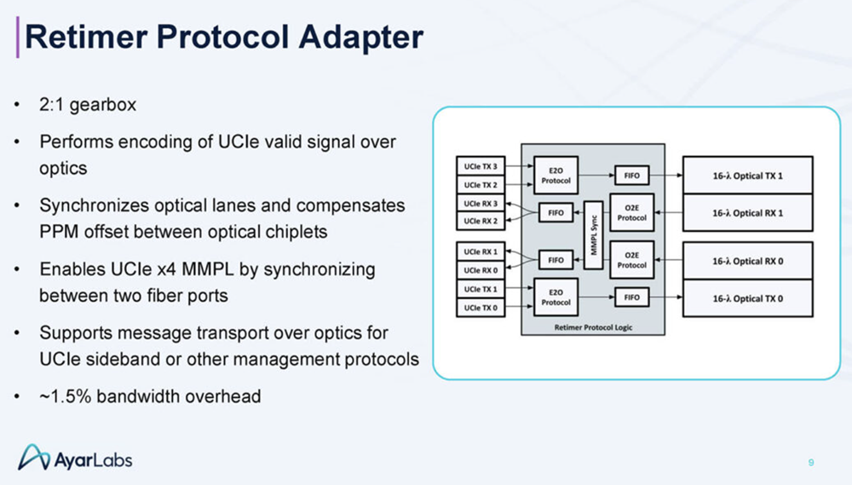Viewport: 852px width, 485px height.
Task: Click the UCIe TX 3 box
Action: click(x=481, y=166)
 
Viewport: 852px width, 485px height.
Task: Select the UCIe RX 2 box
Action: click(x=481, y=222)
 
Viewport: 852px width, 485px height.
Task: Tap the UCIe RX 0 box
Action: click(x=481, y=270)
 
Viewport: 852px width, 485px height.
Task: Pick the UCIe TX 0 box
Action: click(x=481, y=307)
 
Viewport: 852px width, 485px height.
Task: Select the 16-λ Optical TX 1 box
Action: click(x=747, y=176)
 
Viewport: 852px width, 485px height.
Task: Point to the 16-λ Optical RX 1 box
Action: click(x=747, y=212)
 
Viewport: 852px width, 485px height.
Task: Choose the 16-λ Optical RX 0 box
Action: click(x=747, y=261)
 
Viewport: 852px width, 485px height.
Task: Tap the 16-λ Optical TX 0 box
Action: click(x=747, y=297)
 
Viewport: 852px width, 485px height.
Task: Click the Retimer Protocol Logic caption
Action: click(x=593, y=326)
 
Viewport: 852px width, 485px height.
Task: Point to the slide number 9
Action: click(x=811, y=463)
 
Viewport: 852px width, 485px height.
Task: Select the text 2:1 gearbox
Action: click(x=88, y=107)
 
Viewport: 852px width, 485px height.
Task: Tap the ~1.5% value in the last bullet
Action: click(x=65, y=396)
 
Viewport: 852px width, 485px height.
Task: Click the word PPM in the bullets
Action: click(x=59, y=231)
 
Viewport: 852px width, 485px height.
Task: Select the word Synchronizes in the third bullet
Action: click(x=92, y=206)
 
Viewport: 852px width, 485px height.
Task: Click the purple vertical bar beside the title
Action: click(x=19, y=37)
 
